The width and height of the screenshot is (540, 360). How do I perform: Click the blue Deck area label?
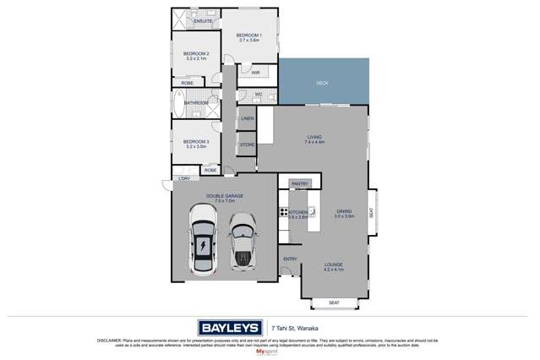[322, 83]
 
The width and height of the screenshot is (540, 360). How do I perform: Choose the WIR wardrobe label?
[254, 73]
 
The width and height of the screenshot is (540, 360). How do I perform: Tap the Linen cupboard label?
[248, 119]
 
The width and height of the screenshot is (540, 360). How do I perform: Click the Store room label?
[247, 145]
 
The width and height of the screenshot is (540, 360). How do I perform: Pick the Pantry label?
[299, 183]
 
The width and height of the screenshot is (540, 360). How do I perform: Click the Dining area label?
[344, 214]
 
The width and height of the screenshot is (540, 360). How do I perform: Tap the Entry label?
[290, 259]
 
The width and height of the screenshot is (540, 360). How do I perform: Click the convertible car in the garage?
[243, 241]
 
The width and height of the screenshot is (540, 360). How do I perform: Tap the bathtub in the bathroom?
[178, 103]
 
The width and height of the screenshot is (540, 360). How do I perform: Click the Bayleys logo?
[230, 327]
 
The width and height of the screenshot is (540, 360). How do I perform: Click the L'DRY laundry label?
[183, 179]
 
